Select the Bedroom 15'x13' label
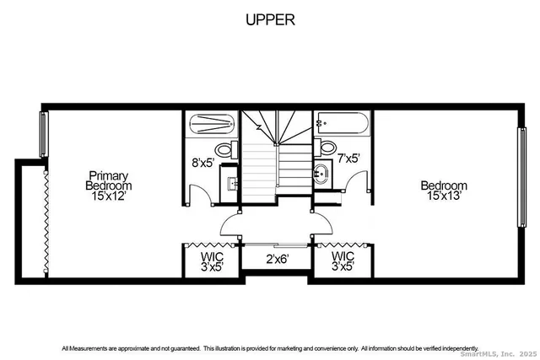pos(444,191)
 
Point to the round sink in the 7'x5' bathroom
pos(321,175)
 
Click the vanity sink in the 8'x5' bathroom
pos(229,182)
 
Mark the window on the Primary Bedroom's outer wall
pos(43,134)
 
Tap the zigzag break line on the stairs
pos(259,128)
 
